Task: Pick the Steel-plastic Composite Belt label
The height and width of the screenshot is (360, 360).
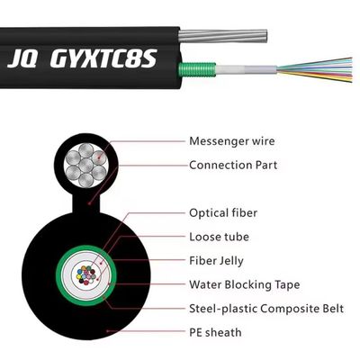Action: (266, 309)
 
